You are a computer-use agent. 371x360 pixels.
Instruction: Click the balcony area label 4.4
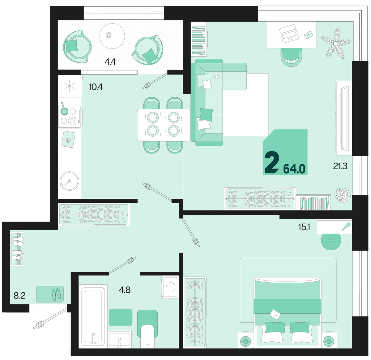pyautogui.click(x=110, y=62)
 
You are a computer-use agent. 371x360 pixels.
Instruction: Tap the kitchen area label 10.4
pyautogui.click(x=96, y=87)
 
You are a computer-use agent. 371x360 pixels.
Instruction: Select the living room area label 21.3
pyautogui.click(x=340, y=166)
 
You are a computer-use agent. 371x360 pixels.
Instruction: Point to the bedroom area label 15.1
pyautogui.click(x=304, y=227)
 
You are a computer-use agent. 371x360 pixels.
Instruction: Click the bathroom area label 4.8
pyautogui.click(x=125, y=290)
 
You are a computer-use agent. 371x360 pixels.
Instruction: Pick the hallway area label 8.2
pyautogui.click(x=20, y=296)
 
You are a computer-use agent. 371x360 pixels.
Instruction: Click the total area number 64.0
pyautogui.click(x=294, y=169)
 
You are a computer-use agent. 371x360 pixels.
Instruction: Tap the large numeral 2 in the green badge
pyautogui.click(x=272, y=162)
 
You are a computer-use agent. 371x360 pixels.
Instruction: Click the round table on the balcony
pyautogui.click(x=112, y=36)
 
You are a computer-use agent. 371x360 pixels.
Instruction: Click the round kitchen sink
pyautogui.click(x=69, y=181)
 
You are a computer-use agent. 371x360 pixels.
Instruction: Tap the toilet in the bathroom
pyautogui.click(x=147, y=337)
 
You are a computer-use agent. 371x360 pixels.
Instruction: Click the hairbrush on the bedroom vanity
pyautogui.click(x=346, y=226)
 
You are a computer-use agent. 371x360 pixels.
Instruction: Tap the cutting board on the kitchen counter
pyautogui.click(x=68, y=139)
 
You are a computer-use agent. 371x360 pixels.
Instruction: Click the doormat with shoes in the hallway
pyautogui.click(x=50, y=294)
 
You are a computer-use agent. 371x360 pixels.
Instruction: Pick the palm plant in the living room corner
pyautogui.click(x=336, y=44)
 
